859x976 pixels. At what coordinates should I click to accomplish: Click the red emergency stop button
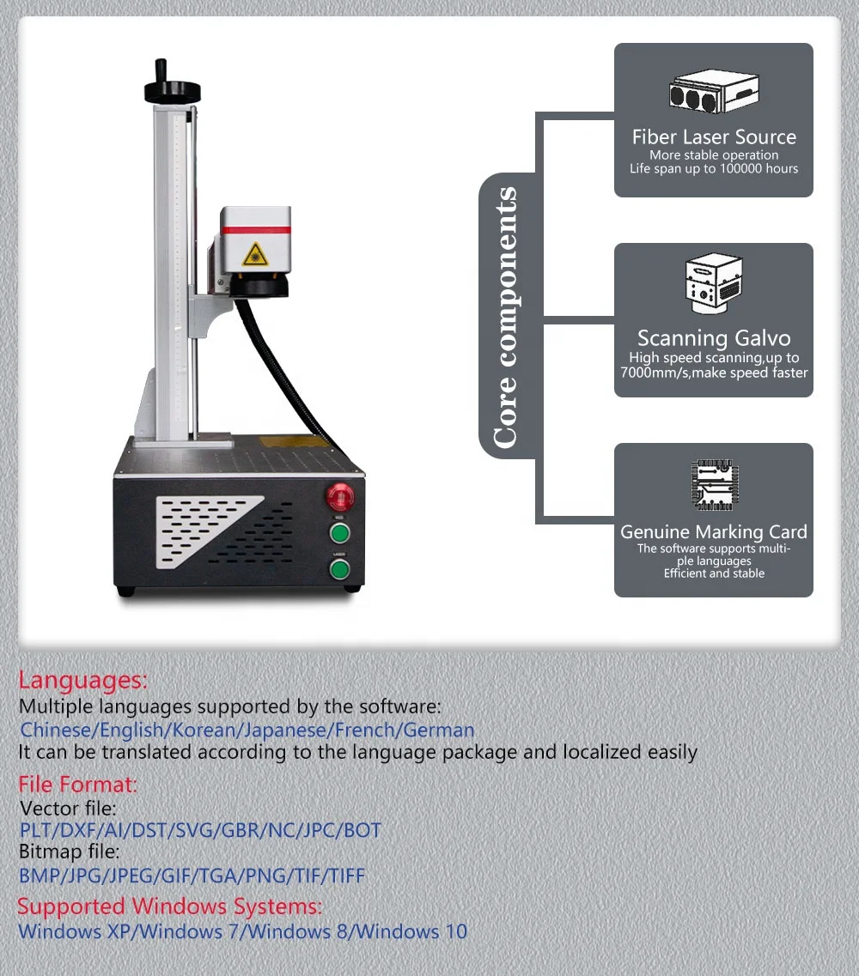pyautogui.click(x=340, y=497)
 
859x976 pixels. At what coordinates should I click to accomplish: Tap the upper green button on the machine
pyautogui.click(x=339, y=533)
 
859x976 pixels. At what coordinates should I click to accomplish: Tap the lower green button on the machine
pyautogui.click(x=339, y=569)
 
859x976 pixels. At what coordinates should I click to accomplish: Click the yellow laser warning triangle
pyautogui.click(x=255, y=255)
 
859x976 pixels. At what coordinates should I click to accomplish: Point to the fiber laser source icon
pyautogui.click(x=714, y=92)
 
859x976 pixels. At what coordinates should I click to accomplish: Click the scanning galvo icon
pyautogui.click(x=714, y=283)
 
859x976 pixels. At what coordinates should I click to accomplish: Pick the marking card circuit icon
pyautogui.click(x=715, y=485)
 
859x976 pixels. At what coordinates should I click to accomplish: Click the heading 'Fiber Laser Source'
pyautogui.click(x=714, y=137)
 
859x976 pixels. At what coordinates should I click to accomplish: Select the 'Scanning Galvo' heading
pyautogui.click(x=714, y=338)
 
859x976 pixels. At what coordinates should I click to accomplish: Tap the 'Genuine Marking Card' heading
pyautogui.click(x=714, y=532)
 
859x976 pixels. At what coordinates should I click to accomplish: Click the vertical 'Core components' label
pyautogui.click(x=505, y=317)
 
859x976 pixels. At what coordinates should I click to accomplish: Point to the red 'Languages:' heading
pyautogui.click(x=82, y=681)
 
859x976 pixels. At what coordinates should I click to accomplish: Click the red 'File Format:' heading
pyautogui.click(x=77, y=785)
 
